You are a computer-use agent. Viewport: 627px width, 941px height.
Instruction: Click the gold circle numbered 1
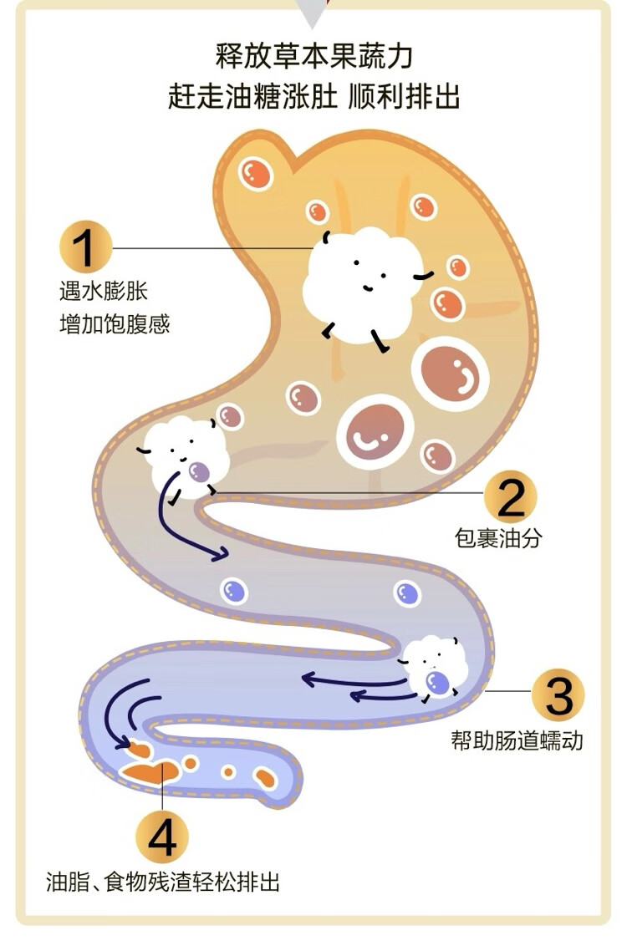click(85, 248)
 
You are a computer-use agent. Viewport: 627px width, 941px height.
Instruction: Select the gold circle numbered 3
click(558, 694)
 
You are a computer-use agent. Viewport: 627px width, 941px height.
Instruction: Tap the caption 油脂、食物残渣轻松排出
click(163, 881)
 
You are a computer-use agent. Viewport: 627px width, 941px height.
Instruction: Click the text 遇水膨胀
click(104, 292)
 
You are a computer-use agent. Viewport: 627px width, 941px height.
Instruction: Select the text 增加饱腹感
click(115, 324)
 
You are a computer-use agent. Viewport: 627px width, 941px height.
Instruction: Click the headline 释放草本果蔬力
click(313, 57)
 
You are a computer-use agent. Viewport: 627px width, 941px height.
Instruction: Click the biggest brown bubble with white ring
click(450, 372)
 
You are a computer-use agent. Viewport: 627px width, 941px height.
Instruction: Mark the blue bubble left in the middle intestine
click(234, 592)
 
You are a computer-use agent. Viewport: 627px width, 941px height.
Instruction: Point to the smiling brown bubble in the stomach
click(369, 432)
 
